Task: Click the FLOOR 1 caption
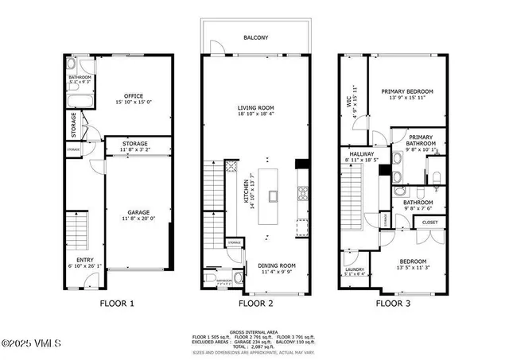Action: (x=116, y=303)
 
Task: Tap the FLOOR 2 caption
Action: (x=255, y=303)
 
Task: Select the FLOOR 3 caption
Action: (x=394, y=303)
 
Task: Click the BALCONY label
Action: (x=255, y=37)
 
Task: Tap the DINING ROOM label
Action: (x=276, y=265)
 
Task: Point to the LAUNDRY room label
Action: (x=354, y=269)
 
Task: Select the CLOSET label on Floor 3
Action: (x=429, y=223)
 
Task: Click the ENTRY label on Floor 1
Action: (x=84, y=259)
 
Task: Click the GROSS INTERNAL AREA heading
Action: (x=254, y=331)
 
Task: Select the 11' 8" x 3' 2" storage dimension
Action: (x=134, y=149)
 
